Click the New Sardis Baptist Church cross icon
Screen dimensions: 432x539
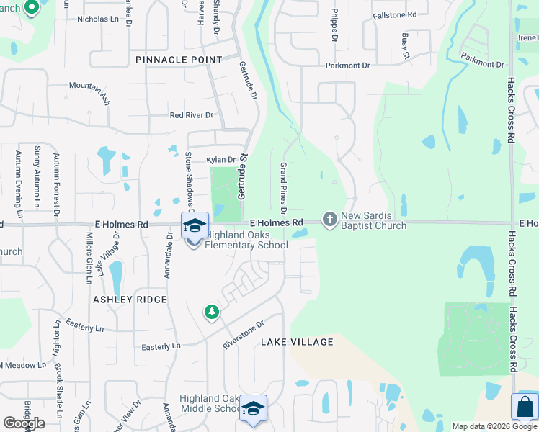[330, 218]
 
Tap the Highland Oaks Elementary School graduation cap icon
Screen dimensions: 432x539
[195, 226]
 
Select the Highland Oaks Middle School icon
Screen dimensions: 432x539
[253, 408]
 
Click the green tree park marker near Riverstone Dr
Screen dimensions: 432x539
[211, 312]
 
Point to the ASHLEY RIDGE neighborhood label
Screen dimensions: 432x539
[130, 299]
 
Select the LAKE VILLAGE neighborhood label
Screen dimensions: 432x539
[297, 342]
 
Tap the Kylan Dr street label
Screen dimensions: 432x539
[221, 160]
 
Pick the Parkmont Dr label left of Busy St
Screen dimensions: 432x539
[347, 66]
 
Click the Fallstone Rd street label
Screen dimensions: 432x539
[395, 14]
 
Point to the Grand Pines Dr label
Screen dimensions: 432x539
[283, 182]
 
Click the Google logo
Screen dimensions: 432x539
[24, 423]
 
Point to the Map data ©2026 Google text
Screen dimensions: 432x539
[494, 426]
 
